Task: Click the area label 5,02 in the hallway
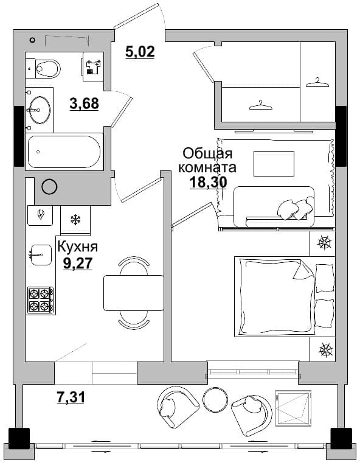[140, 52]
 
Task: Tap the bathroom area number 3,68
[84, 103]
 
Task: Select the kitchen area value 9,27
[78, 263]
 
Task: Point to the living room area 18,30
[208, 182]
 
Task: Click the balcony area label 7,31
[71, 397]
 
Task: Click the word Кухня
[78, 246]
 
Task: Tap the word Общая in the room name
[207, 154]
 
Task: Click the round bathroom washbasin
[38, 110]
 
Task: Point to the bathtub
[64, 152]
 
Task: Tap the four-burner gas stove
[41, 299]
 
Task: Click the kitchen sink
[41, 254]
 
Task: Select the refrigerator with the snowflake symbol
[75, 220]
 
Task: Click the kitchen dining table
[133, 293]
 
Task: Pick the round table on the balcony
[215, 400]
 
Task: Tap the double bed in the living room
[285, 296]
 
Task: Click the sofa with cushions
[274, 207]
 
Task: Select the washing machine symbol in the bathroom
[93, 67]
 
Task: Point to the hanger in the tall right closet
[317, 82]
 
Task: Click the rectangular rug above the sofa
[274, 163]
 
